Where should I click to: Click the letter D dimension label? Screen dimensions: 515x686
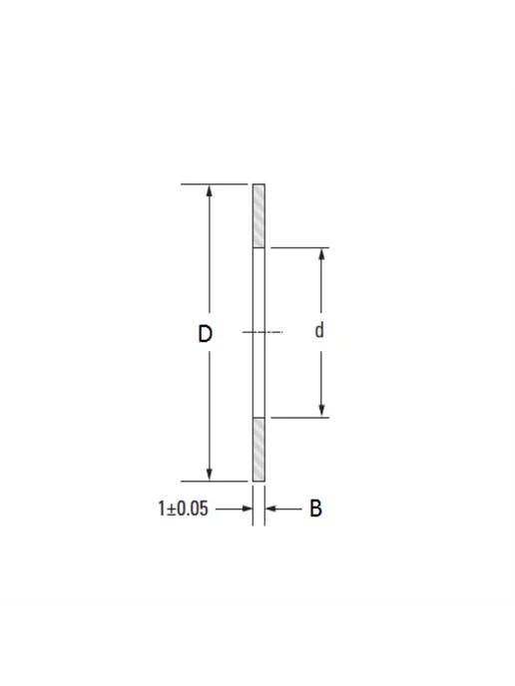click(x=205, y=334)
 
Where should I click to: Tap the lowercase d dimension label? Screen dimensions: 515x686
click(x=319, y=330)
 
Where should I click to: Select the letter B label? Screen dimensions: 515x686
click(x=315, y=509)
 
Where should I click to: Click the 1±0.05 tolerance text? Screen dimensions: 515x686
click(x=183, y=509)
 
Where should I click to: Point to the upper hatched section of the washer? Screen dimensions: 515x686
click(x=258, y=216)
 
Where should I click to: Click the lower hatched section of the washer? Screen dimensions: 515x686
click(x=258, y=450)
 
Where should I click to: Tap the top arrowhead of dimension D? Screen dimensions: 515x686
click(x=210, y=190)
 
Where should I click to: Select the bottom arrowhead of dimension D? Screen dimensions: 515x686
click(x=210, y=475)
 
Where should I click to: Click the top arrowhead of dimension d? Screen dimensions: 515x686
click(x=321, y=254)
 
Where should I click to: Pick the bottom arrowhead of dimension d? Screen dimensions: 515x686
click(x=321, y=411)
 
